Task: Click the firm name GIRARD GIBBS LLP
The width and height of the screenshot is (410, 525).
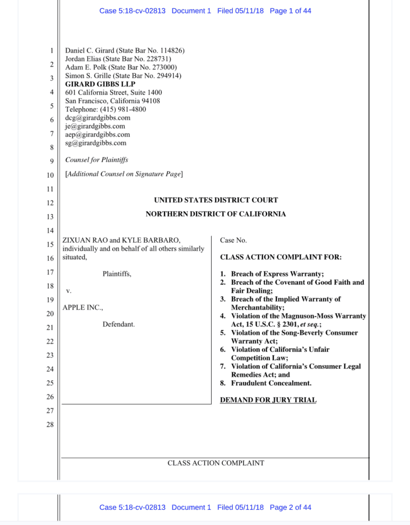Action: click(x=100, y=84)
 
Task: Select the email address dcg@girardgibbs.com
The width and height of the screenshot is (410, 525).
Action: click(x=97, y=117)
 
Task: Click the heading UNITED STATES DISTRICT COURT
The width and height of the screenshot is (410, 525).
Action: click(x=216, y=200)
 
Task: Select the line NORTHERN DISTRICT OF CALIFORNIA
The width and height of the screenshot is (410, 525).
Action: click(x=216, y=214)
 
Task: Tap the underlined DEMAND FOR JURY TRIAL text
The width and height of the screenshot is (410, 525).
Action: click(x=268, y=400)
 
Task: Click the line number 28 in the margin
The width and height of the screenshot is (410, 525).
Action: click(x=50, y=425)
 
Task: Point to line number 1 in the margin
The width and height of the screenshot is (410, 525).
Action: click(x=51, y=51)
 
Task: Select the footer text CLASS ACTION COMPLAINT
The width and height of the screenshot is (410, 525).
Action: click(x=216, y=463)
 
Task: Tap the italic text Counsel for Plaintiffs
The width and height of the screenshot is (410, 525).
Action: click(x=96, y=160)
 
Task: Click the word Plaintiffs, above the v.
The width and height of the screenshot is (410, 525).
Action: click(x=117, y=274)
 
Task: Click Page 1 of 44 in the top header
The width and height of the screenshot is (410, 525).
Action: click(x=290, y=11)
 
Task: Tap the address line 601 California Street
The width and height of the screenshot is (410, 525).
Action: click(x=113, y=92)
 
